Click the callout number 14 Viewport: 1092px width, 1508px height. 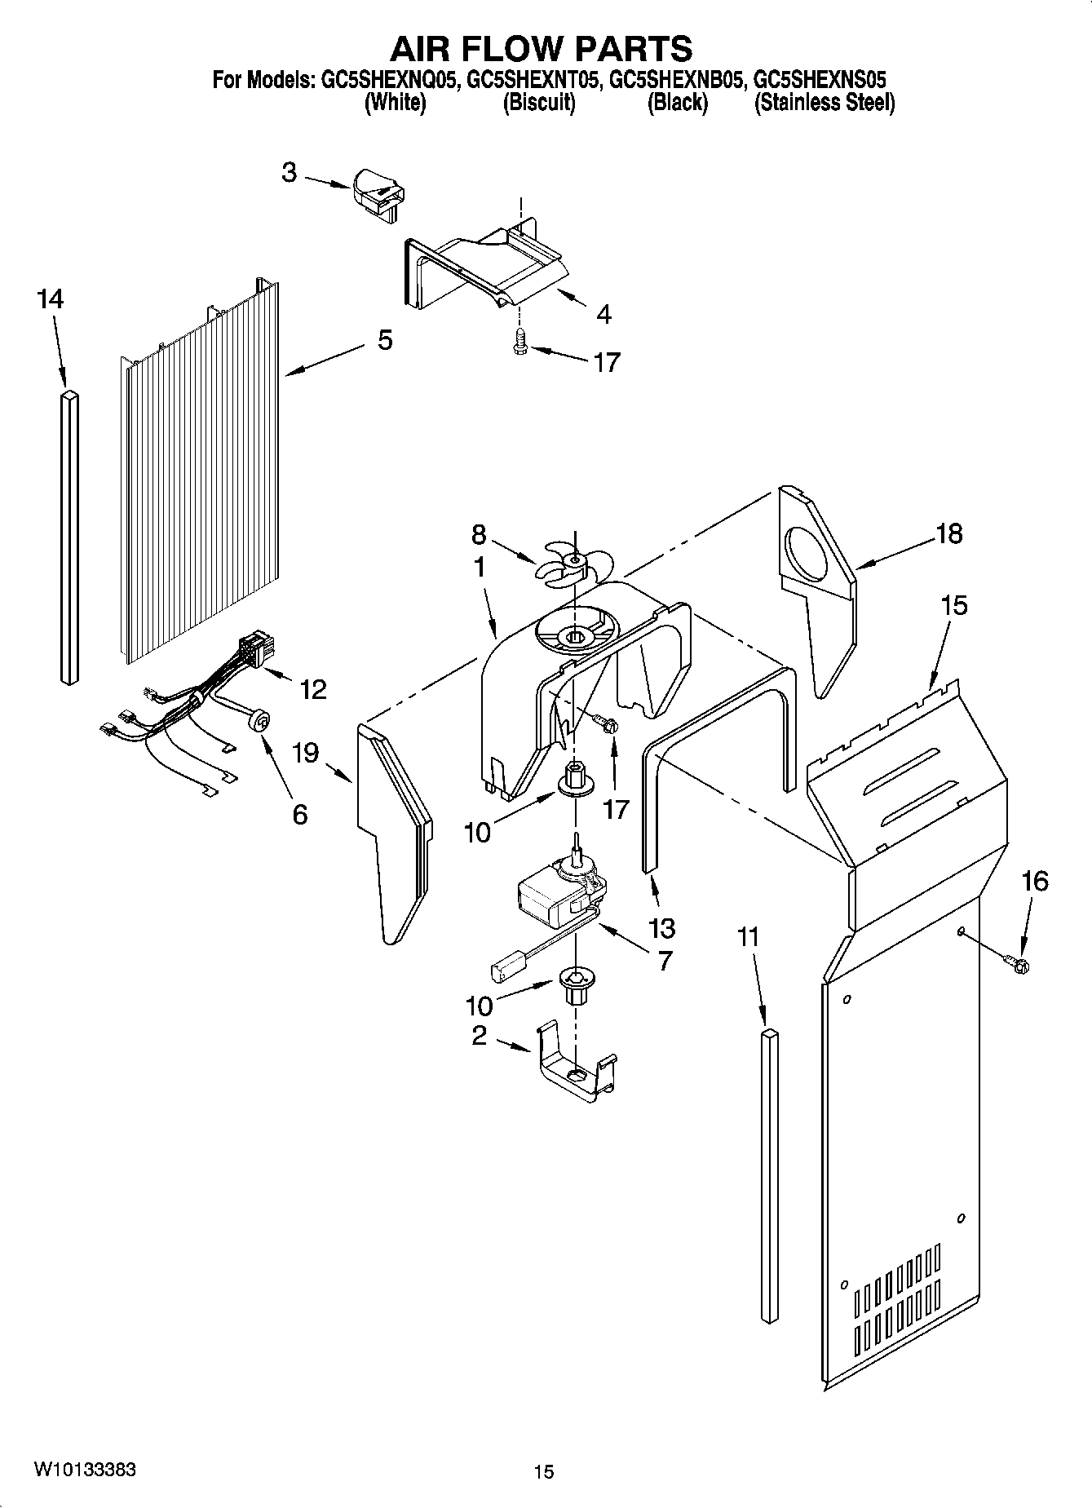(50, 299)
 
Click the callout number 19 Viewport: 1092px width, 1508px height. (306, 752)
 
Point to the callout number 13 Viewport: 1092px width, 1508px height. (662, 927)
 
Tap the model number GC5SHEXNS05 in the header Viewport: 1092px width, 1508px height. (819, 80)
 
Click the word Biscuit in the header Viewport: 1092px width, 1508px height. (539, 103)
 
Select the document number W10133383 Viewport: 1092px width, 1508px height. (85, 1470)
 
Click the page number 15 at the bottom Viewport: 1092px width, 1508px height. (544, 1471)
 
